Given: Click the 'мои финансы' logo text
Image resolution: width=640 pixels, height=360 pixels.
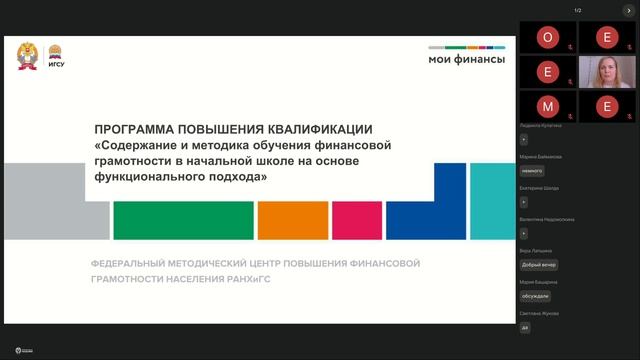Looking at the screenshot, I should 466,59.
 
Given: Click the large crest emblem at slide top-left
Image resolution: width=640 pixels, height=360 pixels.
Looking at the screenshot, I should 27,56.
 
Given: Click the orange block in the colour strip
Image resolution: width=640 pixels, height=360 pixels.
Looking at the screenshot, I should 292,219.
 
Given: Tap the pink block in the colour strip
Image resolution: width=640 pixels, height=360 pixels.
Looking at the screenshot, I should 356,219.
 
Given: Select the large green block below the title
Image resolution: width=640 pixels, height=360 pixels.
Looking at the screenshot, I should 183,219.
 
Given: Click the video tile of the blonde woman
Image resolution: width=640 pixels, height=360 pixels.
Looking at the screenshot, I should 605,72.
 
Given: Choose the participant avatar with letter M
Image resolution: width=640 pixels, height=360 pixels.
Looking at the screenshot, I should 547,105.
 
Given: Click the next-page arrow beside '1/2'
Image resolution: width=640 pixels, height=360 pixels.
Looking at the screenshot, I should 629,10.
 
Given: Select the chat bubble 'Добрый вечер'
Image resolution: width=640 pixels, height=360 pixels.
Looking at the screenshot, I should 539,265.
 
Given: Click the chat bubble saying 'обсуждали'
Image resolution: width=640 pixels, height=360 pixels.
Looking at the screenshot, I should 536,296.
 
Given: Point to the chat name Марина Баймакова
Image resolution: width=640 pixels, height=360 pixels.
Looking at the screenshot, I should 541,157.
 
